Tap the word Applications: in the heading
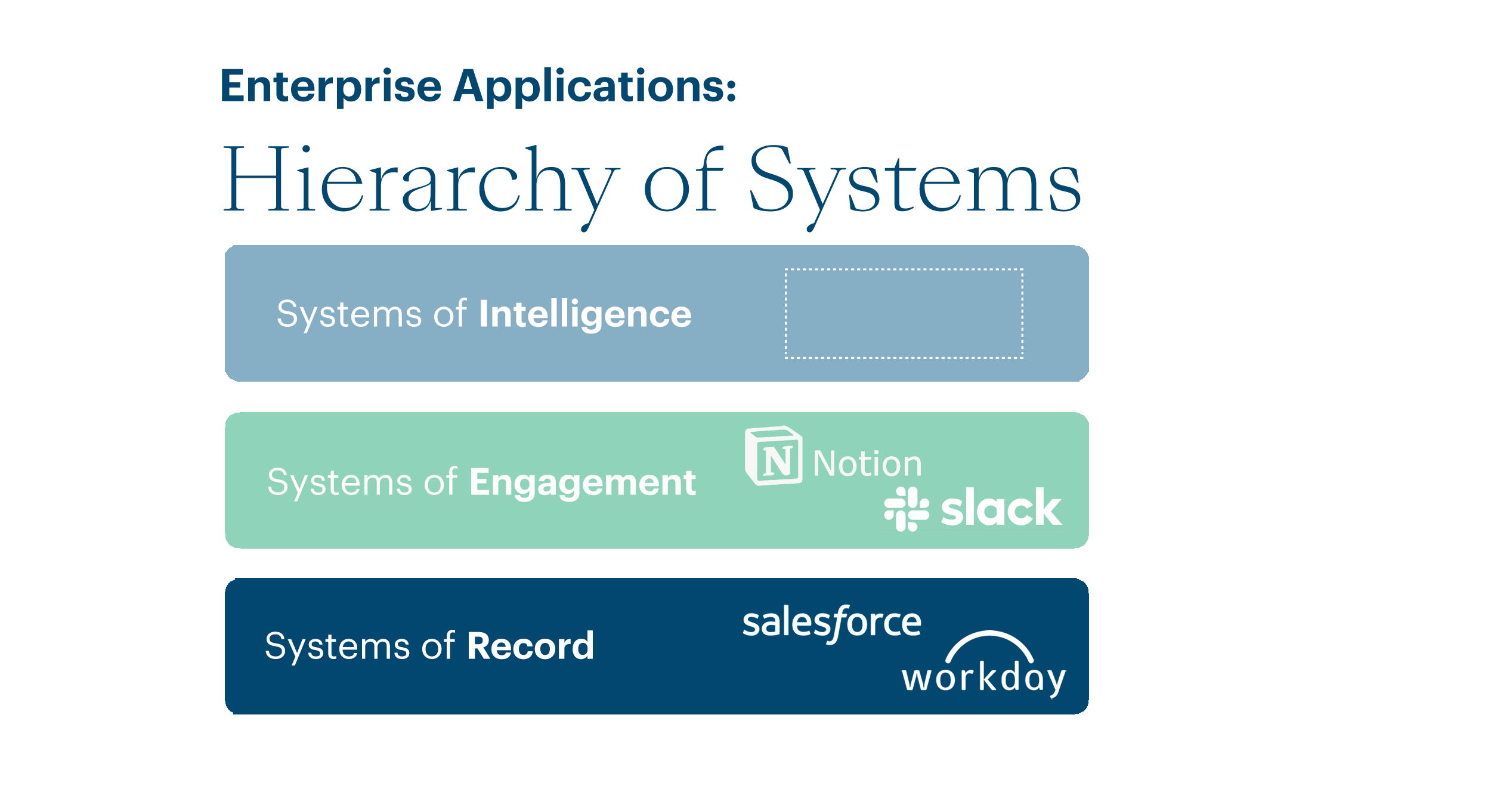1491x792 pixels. (595, 87)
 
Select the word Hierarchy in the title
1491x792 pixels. (421, 181)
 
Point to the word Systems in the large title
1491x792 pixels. (914, 181)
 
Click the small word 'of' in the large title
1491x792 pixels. (683, 181)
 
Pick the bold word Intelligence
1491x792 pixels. (584, 314)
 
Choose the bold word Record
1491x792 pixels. (530, 646)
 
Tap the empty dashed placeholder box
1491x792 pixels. (904, 314)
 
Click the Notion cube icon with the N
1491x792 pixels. (774, 456)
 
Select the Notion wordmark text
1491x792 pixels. (867, 464)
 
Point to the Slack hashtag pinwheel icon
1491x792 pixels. (907, 509)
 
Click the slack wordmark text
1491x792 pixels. (1001, 509)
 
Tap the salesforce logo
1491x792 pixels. (831, 624)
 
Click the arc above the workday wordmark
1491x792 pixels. (989, 644)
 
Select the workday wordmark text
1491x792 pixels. (983, 679)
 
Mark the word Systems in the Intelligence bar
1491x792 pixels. (349, 314)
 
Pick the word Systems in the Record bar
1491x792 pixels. (337, 646)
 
